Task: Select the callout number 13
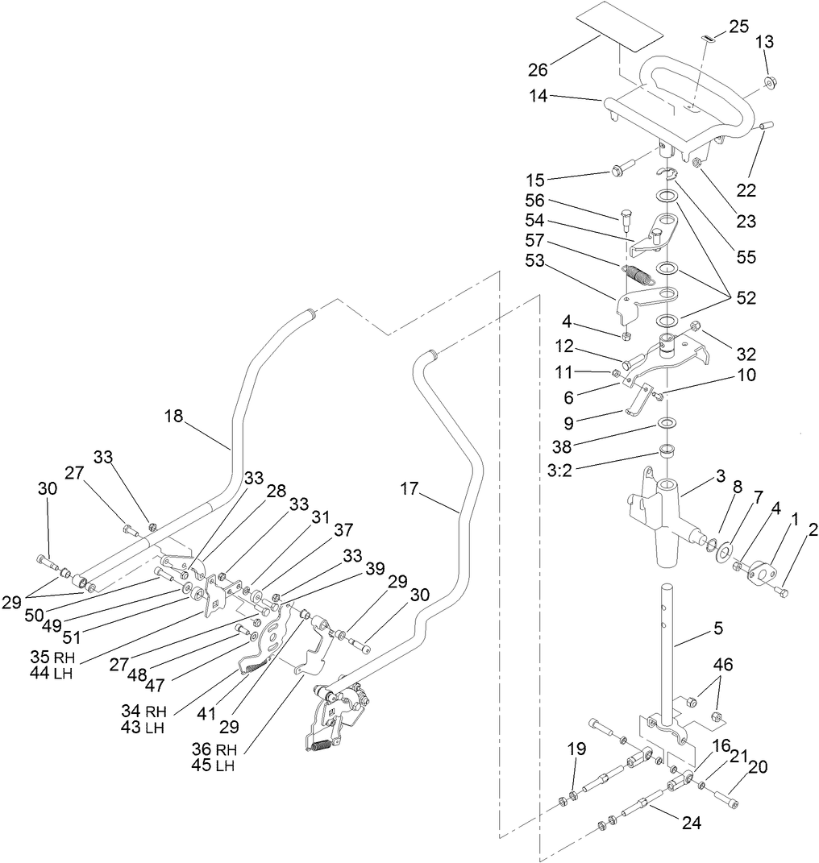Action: point(766,43)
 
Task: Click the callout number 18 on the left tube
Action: point(173,416)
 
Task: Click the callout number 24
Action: point(691,824)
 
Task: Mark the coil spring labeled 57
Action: point(639,274)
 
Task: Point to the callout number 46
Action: point(724,665)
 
